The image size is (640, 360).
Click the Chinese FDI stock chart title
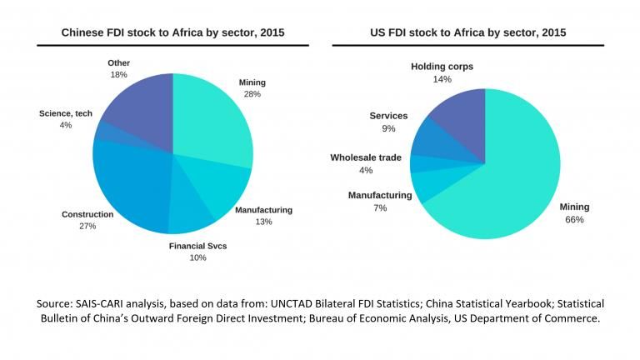[172, 32]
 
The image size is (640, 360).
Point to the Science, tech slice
[100, 132]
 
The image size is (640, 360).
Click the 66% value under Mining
[574, 220]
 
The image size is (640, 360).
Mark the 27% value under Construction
[87, 227]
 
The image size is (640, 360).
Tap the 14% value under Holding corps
[442, 79]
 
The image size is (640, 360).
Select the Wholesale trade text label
[366, 157]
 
